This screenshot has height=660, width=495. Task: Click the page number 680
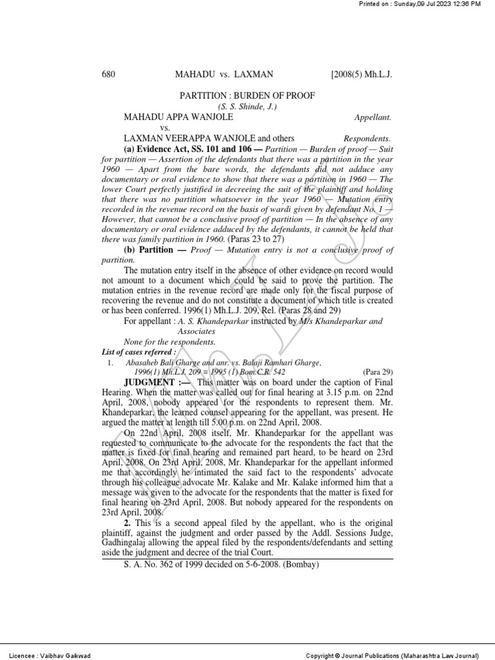coord(108,75)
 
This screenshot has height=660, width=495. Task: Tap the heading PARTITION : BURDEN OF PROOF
coord(247,95)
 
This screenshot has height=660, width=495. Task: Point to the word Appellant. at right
coord(373,118)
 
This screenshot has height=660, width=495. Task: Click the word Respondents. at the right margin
coord(367,139)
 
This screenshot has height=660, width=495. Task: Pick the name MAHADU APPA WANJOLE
coord(179,117)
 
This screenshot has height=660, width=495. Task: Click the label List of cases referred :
coord(139,353)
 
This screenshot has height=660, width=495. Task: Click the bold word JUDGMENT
coord(150,383)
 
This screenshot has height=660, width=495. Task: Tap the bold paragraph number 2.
coord(128,521)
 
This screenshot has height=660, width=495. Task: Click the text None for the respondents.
coord(170,342)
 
